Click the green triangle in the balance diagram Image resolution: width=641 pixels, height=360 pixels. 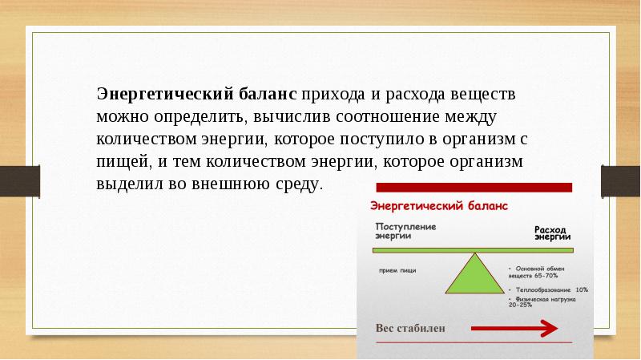tap(477, 277)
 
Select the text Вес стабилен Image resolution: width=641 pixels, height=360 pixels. tap(409, 328)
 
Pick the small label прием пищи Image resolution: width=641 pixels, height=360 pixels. tap(397, 270)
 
